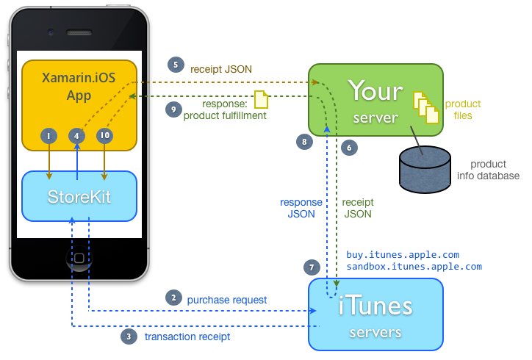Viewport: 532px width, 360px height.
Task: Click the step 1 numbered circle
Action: [48, 135]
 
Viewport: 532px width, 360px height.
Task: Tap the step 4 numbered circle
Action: [77, 135]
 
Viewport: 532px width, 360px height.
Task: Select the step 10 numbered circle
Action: [104, 135]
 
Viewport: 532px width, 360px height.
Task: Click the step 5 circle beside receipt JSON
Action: [175, 65]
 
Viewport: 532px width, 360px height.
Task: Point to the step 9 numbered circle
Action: [173, 109]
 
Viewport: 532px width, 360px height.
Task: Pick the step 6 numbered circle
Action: [350, 148]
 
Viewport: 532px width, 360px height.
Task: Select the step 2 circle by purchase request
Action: [173, 298]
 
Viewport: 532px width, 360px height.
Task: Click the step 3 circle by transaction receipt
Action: [129, 336]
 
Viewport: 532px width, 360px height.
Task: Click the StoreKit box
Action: [79, 196]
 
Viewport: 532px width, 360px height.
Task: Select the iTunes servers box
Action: [376, 314]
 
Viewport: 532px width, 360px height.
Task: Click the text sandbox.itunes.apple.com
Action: [414, 267]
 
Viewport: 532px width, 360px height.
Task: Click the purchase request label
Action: [227, 300]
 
